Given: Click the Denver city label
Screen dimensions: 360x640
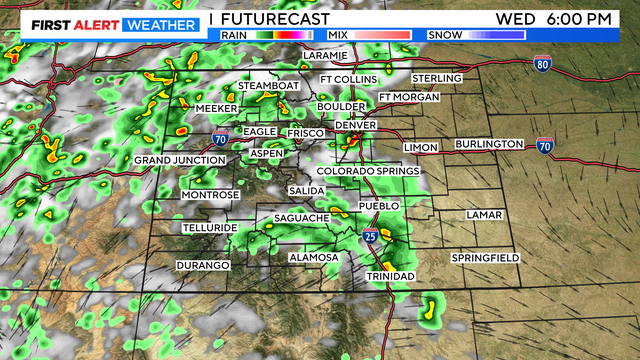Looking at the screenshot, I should coord(355,124).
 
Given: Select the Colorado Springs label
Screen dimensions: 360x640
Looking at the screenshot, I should coord(368,171).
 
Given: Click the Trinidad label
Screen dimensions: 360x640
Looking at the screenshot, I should coord(390,275).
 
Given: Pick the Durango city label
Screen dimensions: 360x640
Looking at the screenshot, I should coord(203,265).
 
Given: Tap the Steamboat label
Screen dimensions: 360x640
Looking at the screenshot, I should coord(269,86).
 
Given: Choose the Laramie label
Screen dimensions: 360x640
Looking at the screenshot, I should coord(324,55).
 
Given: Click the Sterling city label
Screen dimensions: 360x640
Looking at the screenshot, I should coord(437,78).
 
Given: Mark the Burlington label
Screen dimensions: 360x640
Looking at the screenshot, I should coord(490,144).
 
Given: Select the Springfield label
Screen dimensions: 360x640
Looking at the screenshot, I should coord(485,258).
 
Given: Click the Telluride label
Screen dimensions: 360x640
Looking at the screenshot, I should coord(209,228).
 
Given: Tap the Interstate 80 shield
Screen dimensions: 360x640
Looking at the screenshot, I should coord(542,63).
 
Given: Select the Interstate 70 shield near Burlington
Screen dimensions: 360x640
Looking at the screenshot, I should coord(545,145).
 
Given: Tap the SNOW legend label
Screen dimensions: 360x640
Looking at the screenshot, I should coord(442,35).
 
